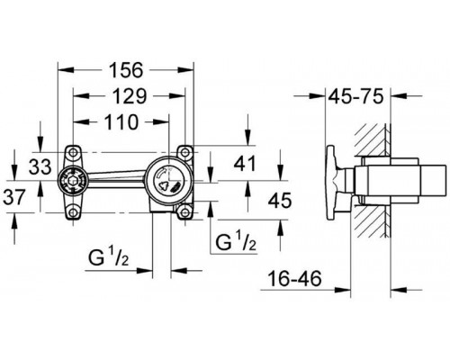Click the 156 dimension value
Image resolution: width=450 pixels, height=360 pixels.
tap(126, 70)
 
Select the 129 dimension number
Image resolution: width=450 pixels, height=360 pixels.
tap(130, 96)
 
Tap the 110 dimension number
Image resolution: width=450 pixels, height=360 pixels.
tap(121, 122)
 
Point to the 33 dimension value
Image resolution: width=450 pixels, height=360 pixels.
tap(40, 166)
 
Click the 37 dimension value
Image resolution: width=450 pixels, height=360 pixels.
tap(14, 197)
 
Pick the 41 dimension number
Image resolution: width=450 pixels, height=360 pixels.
tap(245, 164)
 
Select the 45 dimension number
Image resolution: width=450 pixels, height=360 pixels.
tap(280, 201)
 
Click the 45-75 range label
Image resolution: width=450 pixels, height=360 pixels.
tap(356, 96)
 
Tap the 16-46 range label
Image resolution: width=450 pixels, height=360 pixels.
tap(294, 279)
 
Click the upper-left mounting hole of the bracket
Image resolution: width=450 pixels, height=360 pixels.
tap(73, 153)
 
